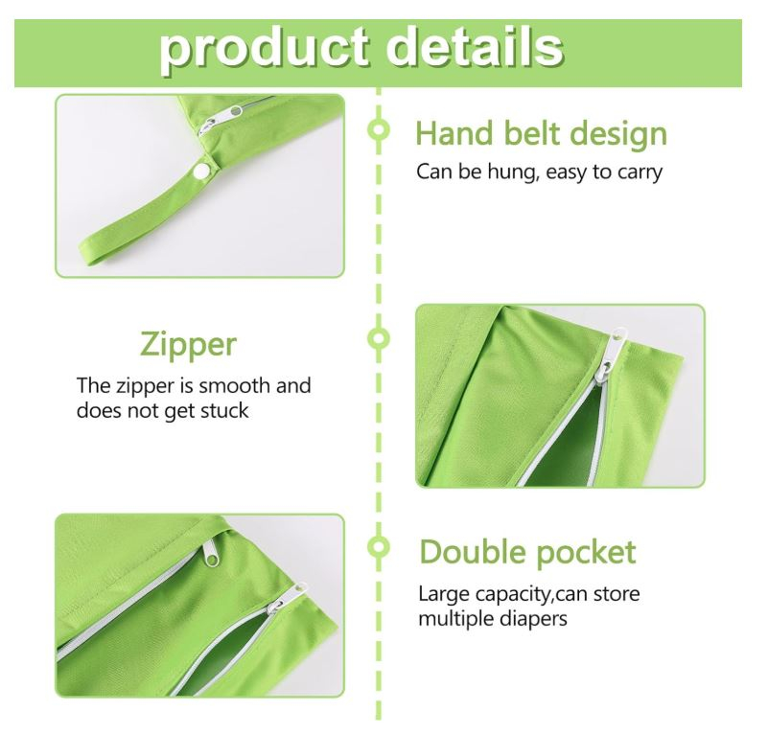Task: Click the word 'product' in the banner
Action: pyautogui.click(x=264, y=49)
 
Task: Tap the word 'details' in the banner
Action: pyautogui.click(x=475, y=47)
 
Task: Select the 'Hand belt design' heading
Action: pyautogui.click(x=541, y=134)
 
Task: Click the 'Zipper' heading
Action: pyautogui.click(x=189, y=345)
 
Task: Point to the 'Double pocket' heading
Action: pyautogui.click(x=528, y=553)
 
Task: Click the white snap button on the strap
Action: pyautogui.click(x=199, y=172)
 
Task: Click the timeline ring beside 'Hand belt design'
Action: pyautogui.click(x=378, y=129)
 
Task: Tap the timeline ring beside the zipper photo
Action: pyautogui.click(x=378, y=338)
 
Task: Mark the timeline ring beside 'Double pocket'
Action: pyautogui.click(x=378, y=547)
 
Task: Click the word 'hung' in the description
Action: pyautogui.click(x=512, y=172)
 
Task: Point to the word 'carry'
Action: pyautogui.click(x=640, y=173)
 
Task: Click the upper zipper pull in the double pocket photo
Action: pyautogui.click(x=211, y=553)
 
